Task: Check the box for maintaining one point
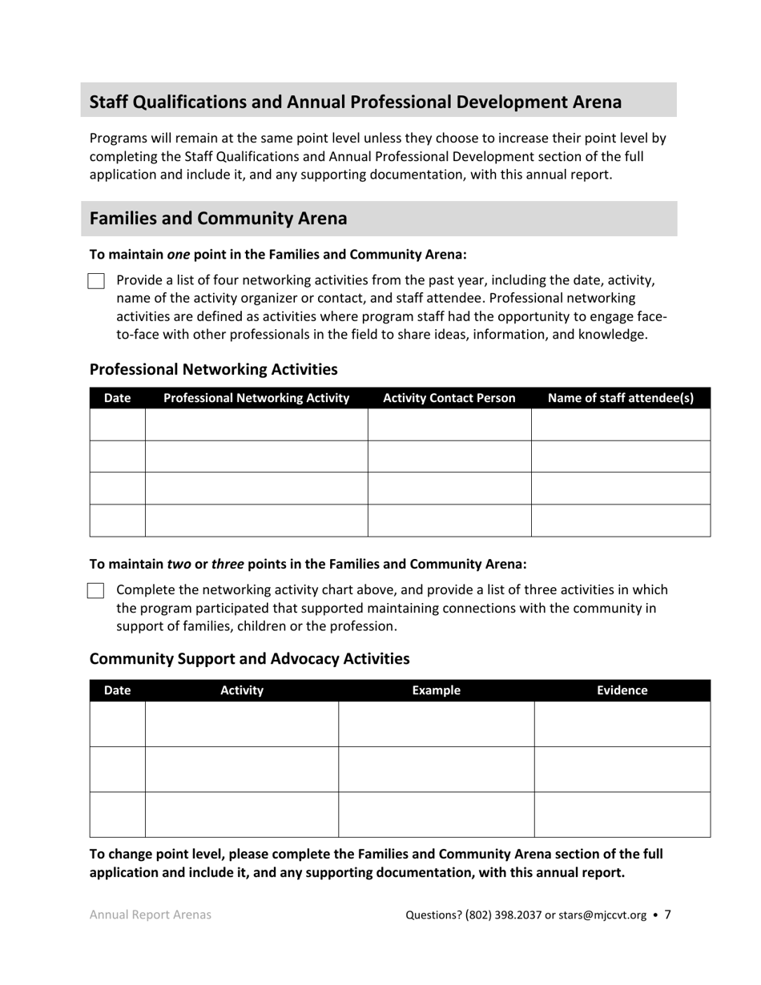(96, 281)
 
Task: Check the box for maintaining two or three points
(96, 591)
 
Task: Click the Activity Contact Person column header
(449, 398)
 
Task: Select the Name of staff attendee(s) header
(621, 398)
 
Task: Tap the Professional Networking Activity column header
(256, 398)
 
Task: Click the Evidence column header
(622, 690)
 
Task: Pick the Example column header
(436, 690)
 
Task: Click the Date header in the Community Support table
(117, 690)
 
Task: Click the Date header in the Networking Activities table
(117, 398)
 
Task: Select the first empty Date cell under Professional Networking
(117, 424)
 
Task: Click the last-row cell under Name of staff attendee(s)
(621, 521)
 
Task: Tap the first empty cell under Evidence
(622, 724)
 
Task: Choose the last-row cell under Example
(436, 814)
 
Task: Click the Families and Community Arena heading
(219, 219)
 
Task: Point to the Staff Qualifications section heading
(355, 102)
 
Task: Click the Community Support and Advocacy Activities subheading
(249, 658)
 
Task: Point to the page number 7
(668, 915)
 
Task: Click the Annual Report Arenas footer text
(151, 915)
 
